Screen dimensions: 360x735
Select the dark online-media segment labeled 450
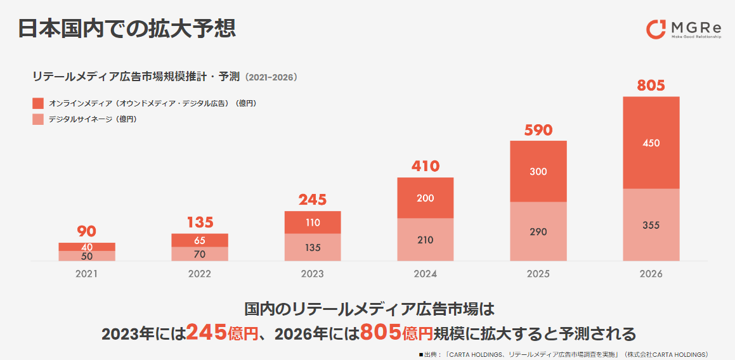click(651, 143)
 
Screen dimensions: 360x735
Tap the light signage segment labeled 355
click(651, 225)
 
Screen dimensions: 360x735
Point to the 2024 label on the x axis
click(426, 274)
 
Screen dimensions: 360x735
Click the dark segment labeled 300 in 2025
click(538, 172)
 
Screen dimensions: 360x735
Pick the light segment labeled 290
click(538, 231)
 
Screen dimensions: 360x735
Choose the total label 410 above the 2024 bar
click(426, 167)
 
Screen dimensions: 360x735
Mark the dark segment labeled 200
click(426, 198)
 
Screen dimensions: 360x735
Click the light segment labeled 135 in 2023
click(313, 247)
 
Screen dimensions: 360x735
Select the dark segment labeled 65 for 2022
click(200, 240)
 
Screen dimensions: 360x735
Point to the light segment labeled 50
click(87, 256)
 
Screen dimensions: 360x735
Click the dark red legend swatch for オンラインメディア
click(38, 103)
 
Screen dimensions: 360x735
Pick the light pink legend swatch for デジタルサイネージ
click(38, 119)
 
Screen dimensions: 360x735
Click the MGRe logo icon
click(656, 29)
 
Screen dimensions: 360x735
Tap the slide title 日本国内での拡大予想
click(127, 29)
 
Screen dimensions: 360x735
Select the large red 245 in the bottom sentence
click(207, 331)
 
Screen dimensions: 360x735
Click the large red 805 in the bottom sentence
click(381, 331)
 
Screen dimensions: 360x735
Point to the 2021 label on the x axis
click(87, 274)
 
